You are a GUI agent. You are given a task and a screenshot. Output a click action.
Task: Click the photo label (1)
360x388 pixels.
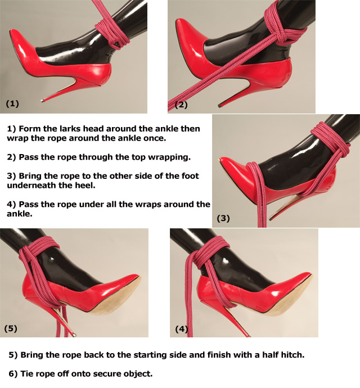pyautogui.click(x=12, y=103)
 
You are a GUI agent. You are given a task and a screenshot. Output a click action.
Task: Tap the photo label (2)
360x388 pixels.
pyautogui.click(x=181, y=105)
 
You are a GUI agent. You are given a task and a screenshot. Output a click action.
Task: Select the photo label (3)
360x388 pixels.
pyautogui.click(x=223, y=218)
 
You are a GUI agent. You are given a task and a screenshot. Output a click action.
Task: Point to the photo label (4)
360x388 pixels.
pyautogui.click(x=182, y=329)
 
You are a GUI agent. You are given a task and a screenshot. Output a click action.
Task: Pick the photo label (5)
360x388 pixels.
pyautogui.click(x=11, y=328)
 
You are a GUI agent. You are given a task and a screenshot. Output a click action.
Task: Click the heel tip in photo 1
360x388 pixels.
pyautogui.click(x=42, y=101)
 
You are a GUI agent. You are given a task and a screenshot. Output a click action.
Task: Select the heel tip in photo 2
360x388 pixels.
pyautogui.click(x=219, y=106)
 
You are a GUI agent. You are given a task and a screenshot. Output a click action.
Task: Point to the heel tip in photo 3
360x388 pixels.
pyautogui.click(x=271, y=219)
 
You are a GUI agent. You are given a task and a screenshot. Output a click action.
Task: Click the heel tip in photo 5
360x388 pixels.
pyautogui.click(x=74, y=335)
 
